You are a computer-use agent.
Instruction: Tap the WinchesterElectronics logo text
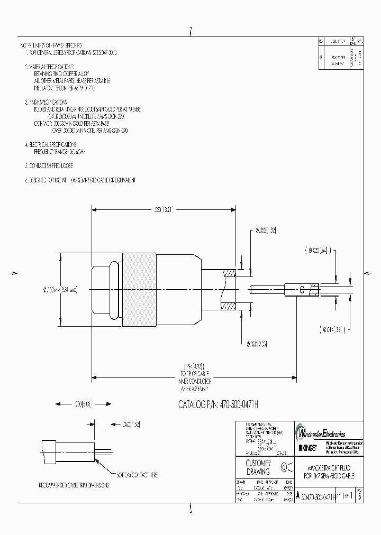click(330, 433)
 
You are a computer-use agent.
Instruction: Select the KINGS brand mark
click(309, 448)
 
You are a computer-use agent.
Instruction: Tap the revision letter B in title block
click(360, 497)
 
